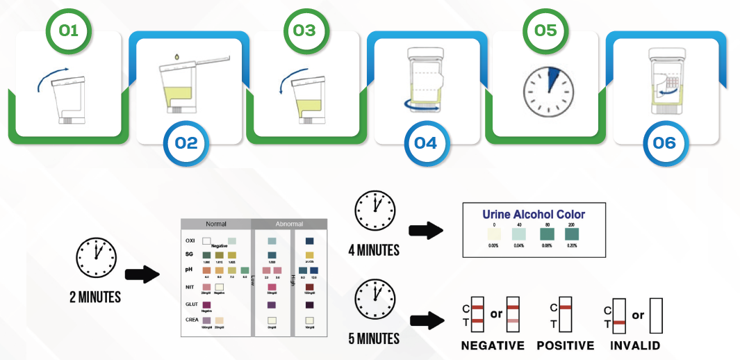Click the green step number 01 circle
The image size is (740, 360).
pyautogui.click(x=67, y=31)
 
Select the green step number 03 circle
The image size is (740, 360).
pyautogui.click(x=304, y=31)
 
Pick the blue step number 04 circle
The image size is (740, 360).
pyautogui.click(x=425, y=142)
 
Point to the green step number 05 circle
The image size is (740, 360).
pyautogui.click(x=545, y=31)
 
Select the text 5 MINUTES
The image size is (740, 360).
pyautogui.click(x=374, y=339)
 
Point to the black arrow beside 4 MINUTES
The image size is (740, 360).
pyautogui.click(x=427, y=231)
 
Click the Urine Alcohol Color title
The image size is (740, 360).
pyautogui.click(x=534, y=215)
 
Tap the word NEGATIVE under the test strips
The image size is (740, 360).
pyautogui.click(x=493, y=345)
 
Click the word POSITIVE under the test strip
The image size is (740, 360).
pyautogui.click(x=566, y=345)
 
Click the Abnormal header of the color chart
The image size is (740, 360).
pyautogui.click(x=288, y=224)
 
